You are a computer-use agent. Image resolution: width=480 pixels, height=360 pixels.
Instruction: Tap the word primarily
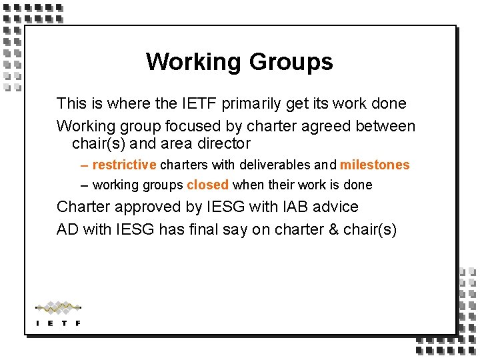(251, 103)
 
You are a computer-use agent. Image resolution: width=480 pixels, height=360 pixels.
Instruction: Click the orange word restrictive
(124, 165)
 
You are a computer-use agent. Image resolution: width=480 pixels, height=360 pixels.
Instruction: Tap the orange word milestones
(375, 165)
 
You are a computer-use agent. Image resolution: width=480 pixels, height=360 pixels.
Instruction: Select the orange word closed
(207, 185)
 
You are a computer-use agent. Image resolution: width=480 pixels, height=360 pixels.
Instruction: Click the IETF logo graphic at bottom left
(58, 313)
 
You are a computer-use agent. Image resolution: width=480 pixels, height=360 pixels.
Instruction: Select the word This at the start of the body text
(71, 103)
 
